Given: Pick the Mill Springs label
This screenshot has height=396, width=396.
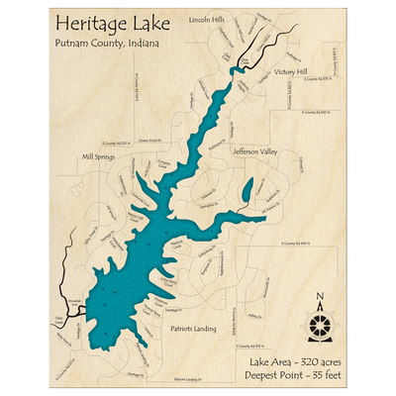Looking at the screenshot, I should (x=98, y=156).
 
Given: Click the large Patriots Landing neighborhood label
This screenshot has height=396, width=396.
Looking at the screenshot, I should (x=192, y=326).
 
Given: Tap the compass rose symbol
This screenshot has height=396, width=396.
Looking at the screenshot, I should (x=319, y=326).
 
